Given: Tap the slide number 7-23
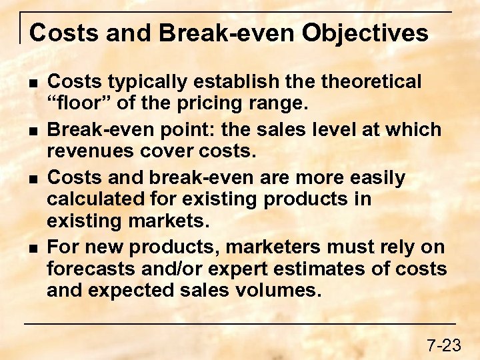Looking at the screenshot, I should (443, 345).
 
